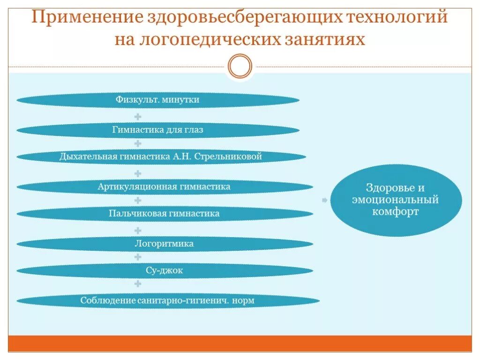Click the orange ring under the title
pos(240,66)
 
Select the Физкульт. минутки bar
pos(158,100)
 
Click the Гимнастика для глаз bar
pos(158,130)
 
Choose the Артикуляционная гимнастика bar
pos(164,187)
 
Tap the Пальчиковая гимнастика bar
pos(164,214)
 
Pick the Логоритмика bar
pos(164,244)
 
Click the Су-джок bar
pos(164,270)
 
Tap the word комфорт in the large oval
pos(396,212)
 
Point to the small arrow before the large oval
pos(324,201)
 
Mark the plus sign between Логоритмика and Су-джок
pos(138,257)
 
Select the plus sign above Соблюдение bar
pos(138,284)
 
